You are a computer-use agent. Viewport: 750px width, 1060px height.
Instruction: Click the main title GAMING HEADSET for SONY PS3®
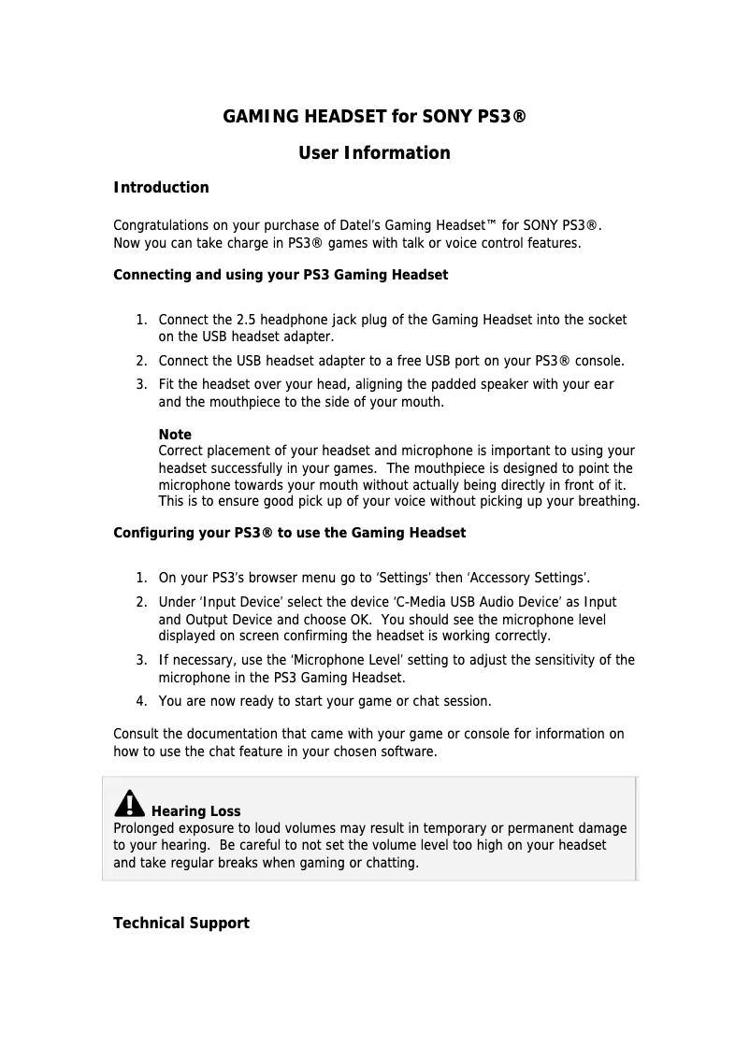pos(374,117)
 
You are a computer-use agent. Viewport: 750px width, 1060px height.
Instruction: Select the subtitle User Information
pos(374,152)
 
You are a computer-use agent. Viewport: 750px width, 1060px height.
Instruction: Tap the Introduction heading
pos(161,188)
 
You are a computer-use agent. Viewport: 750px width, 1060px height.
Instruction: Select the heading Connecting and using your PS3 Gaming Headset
pos(281,275)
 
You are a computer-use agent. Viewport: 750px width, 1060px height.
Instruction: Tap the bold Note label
pos(175,435)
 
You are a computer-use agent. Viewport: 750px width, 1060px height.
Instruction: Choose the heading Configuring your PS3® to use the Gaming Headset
pos(289,533)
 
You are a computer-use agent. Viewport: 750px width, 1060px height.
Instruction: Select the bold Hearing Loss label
pos(195,811)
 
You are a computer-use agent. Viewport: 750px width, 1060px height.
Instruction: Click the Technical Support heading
pos(181,924)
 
